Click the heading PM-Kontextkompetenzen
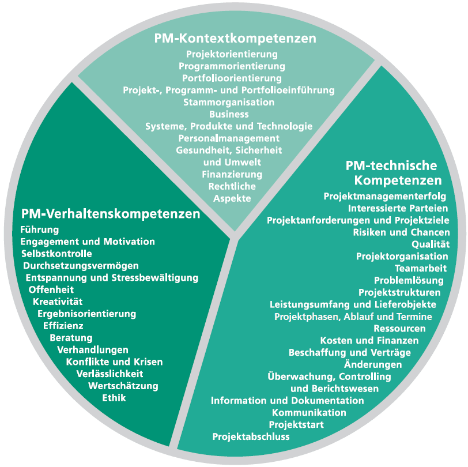(x=235, y=39)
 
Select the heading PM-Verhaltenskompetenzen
(x=111, y=214)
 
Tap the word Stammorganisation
(x=228, y=102)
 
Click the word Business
(x=228, y=114)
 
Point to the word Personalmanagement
(x=229, y=138)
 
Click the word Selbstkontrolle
(x=56, y=254)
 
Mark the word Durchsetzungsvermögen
(x=81, y=266)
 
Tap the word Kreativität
(x=58, y=302)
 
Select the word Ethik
(x=114, y=398)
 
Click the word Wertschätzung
(x=123, y=386)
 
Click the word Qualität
(x=431, y=244)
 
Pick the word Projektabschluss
(x=251, y=436)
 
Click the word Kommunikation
(x=309, y=412)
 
